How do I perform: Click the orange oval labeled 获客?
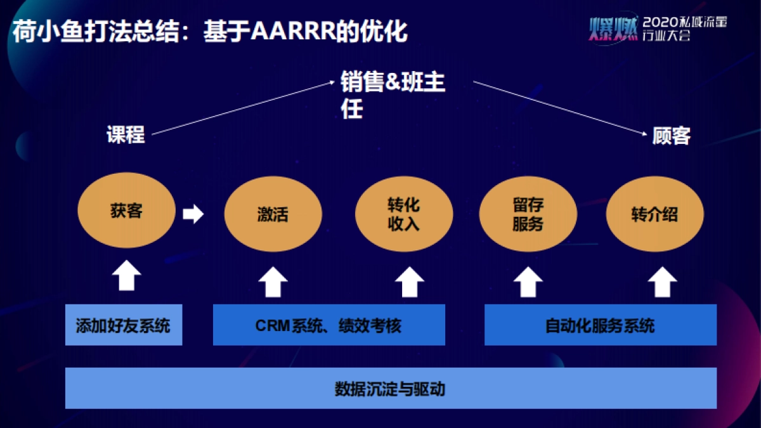126,211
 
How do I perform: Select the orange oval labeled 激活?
273,215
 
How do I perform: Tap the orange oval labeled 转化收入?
404,215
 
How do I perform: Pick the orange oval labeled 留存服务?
528,214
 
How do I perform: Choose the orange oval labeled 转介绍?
654,215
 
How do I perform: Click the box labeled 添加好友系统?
124,326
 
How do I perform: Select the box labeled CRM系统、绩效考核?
328,326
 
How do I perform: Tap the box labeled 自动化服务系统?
600,326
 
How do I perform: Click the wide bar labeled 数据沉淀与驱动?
391,388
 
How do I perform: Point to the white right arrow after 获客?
193,214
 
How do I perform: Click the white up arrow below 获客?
127,276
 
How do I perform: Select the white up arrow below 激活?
273,282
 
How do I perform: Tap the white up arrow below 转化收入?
410,282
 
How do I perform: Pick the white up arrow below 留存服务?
528,282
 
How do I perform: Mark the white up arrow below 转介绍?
663,282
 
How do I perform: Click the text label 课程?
126,134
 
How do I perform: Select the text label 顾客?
671,135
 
